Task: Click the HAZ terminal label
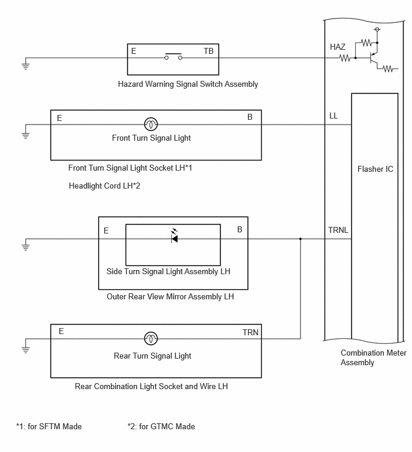point(338,47)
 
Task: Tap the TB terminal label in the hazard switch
point(208,51)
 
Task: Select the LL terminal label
point(334,116)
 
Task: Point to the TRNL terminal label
point(338,230)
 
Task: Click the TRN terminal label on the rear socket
point(250,332)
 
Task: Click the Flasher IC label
point(375,169)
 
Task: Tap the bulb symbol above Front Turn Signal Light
point(151,125)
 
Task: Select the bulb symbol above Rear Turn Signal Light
point(151,338)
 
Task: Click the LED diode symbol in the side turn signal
point(174,237)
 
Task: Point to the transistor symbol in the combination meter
point(373,59)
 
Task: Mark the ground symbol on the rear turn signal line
point(26,348)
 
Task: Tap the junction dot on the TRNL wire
point(301,239)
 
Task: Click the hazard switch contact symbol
point(173,56)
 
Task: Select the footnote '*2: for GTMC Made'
point(161,426)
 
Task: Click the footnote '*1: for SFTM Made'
point(49,426)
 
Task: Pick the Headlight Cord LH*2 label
point(104,186)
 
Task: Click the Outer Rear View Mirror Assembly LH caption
point(170,296)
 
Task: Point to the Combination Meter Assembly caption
point(373,357)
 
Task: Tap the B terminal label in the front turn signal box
point(250,117)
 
